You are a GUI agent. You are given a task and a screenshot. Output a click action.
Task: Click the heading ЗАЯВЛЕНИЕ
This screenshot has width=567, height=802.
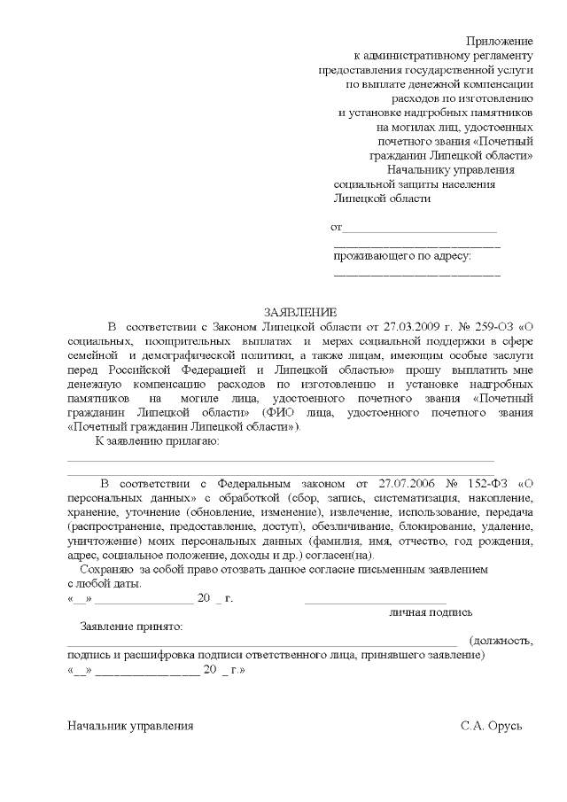pyautogui.click(x=300, y=312)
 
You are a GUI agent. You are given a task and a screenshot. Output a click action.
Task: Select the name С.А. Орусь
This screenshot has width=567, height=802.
pyautogui.click(x=492, y=726)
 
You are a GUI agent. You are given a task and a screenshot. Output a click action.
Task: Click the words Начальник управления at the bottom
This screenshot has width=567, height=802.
pyautogui.click(x=130, y=726)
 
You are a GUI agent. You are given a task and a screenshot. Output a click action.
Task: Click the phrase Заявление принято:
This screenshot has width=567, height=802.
pyautogui.click(x=131, y=627)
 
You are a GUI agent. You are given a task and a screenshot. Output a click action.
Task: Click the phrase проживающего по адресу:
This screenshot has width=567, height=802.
pyautogui.click(x=402, y=257)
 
